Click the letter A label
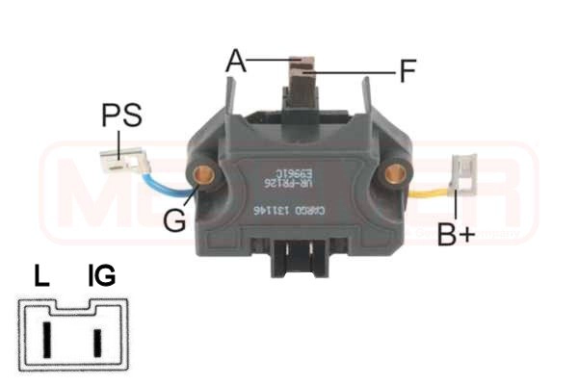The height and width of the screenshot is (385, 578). click(236, 61)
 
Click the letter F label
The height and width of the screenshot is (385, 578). click(408, 70)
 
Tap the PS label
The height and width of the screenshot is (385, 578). click(121, 116)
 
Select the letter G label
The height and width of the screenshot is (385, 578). click(173, 220)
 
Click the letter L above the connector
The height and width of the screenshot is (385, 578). click(41, 277)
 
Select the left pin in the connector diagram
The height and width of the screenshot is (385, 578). click(44, 340)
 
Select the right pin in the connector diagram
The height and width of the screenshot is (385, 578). click(97, 341)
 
